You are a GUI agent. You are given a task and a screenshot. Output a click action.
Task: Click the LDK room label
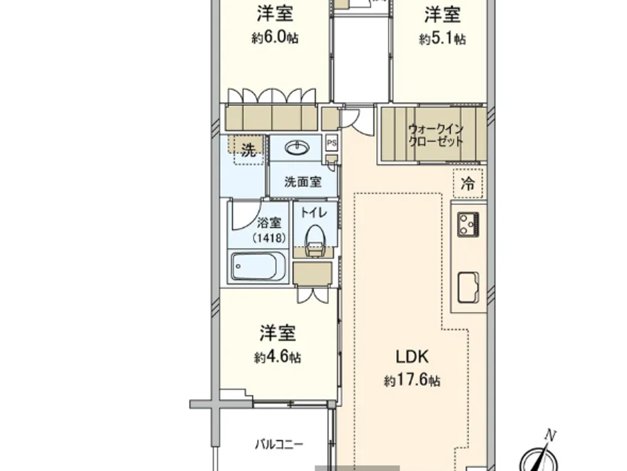coord(412,357)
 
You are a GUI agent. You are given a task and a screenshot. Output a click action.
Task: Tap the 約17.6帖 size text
coord(412,381)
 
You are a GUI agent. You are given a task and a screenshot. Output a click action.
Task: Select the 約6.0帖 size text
coord(275,38)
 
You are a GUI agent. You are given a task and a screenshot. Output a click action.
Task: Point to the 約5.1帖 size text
coord(442,39)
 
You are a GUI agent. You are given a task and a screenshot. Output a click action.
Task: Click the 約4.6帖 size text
coord(277,358)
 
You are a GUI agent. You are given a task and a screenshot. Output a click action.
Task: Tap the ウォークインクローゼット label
coord(435,135)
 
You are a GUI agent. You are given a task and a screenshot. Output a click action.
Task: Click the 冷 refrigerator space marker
coord(468,183)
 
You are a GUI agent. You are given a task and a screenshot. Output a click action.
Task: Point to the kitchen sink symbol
coord(468,287)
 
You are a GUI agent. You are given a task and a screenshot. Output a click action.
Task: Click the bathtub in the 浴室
coord(258,266)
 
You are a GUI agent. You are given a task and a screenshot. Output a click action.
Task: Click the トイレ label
coord(313,213)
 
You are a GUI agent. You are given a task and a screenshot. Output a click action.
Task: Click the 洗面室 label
coord(303,182)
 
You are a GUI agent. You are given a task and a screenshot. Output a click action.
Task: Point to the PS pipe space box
coord(331,144)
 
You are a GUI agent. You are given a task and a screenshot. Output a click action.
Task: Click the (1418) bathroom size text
coord(269,237)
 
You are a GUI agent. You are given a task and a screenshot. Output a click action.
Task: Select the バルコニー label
coord(279,445)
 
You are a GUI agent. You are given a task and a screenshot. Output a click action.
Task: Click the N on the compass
coord(550,435)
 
